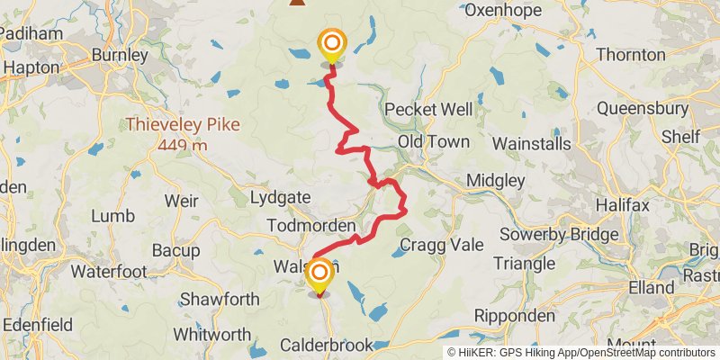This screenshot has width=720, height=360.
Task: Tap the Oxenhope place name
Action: pos(502,11)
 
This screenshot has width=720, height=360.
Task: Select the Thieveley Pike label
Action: pos(183,124)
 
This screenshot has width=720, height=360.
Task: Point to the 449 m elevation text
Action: pos(181,144)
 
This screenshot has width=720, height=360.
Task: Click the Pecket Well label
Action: pos(428,109)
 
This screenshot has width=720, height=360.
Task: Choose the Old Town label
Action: pos(434,141)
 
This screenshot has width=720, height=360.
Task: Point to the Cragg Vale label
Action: pos(441,244)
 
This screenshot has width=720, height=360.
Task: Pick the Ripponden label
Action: pos(513,316)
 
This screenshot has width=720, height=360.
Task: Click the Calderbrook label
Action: pos(326,345)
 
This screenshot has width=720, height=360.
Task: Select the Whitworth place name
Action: pos(210,333)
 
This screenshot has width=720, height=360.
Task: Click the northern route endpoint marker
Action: pos(332,43)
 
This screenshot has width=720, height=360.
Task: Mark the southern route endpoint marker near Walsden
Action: pos(318,273)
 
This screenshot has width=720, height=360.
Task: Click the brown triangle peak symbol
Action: pos(296,3)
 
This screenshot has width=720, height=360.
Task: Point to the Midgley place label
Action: pos(495,181)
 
